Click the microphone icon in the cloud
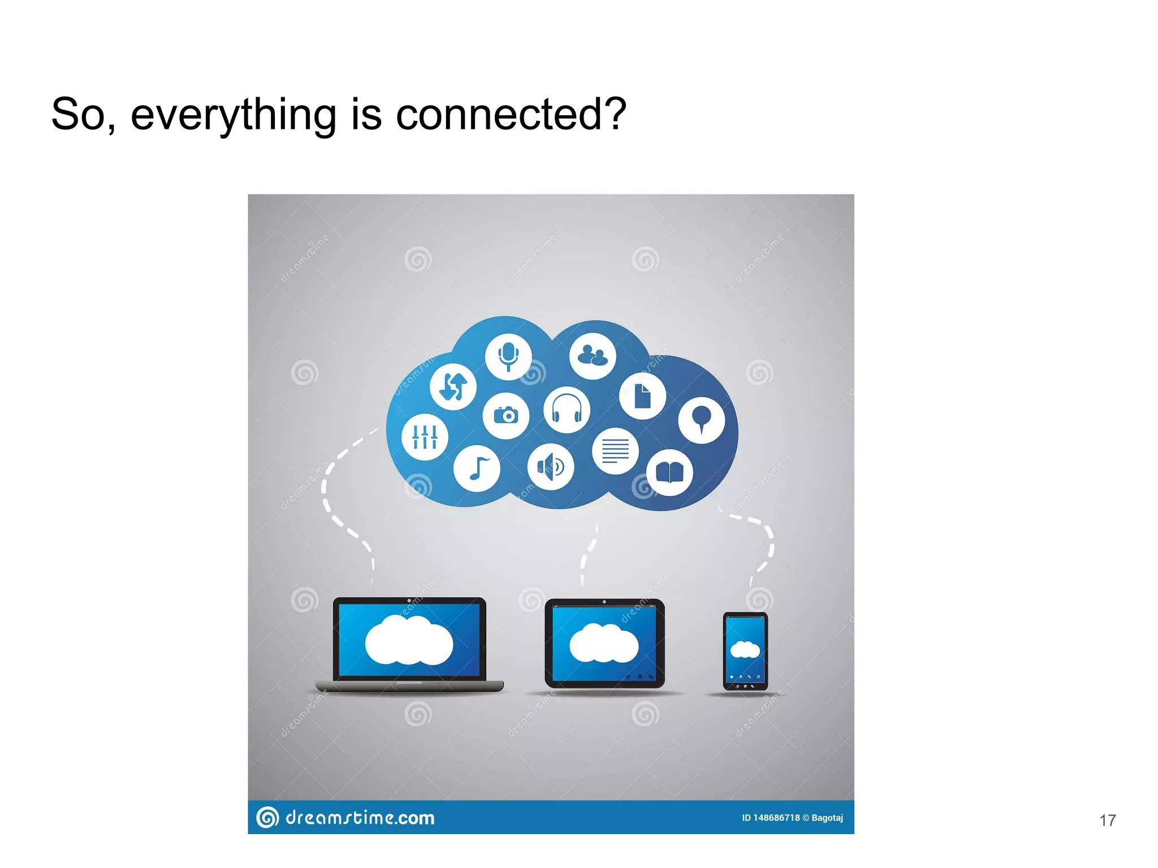(x=508, y=357)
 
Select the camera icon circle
(x=506, y=416)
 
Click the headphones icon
(x=567, y=410)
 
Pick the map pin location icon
(x=701, y=420)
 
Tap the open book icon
(x=669, y=473)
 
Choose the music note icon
(x=477, y=468)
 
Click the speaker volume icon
(x=551, y=467)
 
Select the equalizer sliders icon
(x=425, y=437)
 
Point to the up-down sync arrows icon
(x=453, y=387)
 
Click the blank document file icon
(x=642, y=396)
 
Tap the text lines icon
(x=615, y=451)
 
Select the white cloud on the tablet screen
(x=603, y=643)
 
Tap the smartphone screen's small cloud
(x=745, y=650)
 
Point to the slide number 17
(x=1107, y=821)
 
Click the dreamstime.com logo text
(x=360, y=818)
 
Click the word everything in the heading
(x=234, y=114)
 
